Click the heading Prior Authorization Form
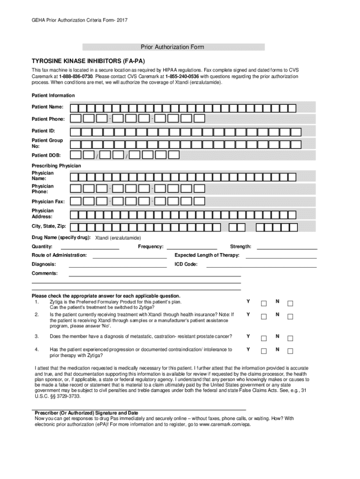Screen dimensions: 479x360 click(x=173, y=47)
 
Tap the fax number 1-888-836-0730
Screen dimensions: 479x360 click(x=76, y=76)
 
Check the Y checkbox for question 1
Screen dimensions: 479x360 click(x=264, y=304)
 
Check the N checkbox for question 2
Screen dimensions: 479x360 click(x=290, y=317)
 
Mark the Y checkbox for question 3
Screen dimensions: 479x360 click(x=264, y=338)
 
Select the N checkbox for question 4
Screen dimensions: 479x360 click(x=290, y=351)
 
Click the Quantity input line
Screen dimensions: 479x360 click(x=90, y=248)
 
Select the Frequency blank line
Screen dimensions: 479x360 click(x=192, y=248)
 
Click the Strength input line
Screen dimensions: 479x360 click(x=287, y=248)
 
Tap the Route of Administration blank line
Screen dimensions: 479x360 click(x=130, y=257)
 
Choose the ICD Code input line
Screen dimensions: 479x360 click(x=262, y=266)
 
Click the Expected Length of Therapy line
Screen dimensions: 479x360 click(x=281, y=257)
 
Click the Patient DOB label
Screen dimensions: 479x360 click(x=46, y=155)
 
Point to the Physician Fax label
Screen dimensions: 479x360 click(x=48, y=202)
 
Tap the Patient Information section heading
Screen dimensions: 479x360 click(x=53, y=95)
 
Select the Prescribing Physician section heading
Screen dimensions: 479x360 click(x=56, y=166)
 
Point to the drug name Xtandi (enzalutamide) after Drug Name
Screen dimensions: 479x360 click(x=118, y=238)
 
